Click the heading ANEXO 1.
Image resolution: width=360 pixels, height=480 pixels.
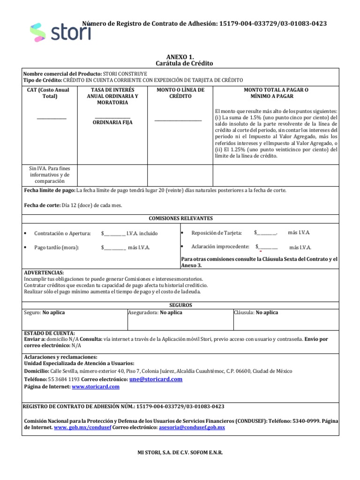180,56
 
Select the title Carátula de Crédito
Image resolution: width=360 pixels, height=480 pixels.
180,63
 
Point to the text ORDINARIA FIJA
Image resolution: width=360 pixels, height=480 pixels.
112,122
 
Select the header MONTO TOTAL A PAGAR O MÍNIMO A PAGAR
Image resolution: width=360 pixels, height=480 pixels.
276,93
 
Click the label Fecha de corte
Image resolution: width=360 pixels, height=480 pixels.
42,205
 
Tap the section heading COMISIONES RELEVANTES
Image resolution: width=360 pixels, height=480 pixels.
180,218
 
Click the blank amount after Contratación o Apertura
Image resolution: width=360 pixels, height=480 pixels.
113,233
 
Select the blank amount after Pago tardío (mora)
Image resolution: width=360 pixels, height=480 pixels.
113,247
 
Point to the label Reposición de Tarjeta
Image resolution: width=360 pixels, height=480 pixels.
217,232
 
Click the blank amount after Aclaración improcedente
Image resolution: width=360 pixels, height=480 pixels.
267,247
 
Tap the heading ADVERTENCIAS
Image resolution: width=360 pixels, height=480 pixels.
44,272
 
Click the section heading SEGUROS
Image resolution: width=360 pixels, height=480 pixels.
180,305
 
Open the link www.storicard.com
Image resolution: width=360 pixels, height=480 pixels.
96,387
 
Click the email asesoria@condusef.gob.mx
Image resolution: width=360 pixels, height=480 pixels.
192,427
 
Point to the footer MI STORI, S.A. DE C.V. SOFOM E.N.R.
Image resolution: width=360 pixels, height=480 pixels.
180,453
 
